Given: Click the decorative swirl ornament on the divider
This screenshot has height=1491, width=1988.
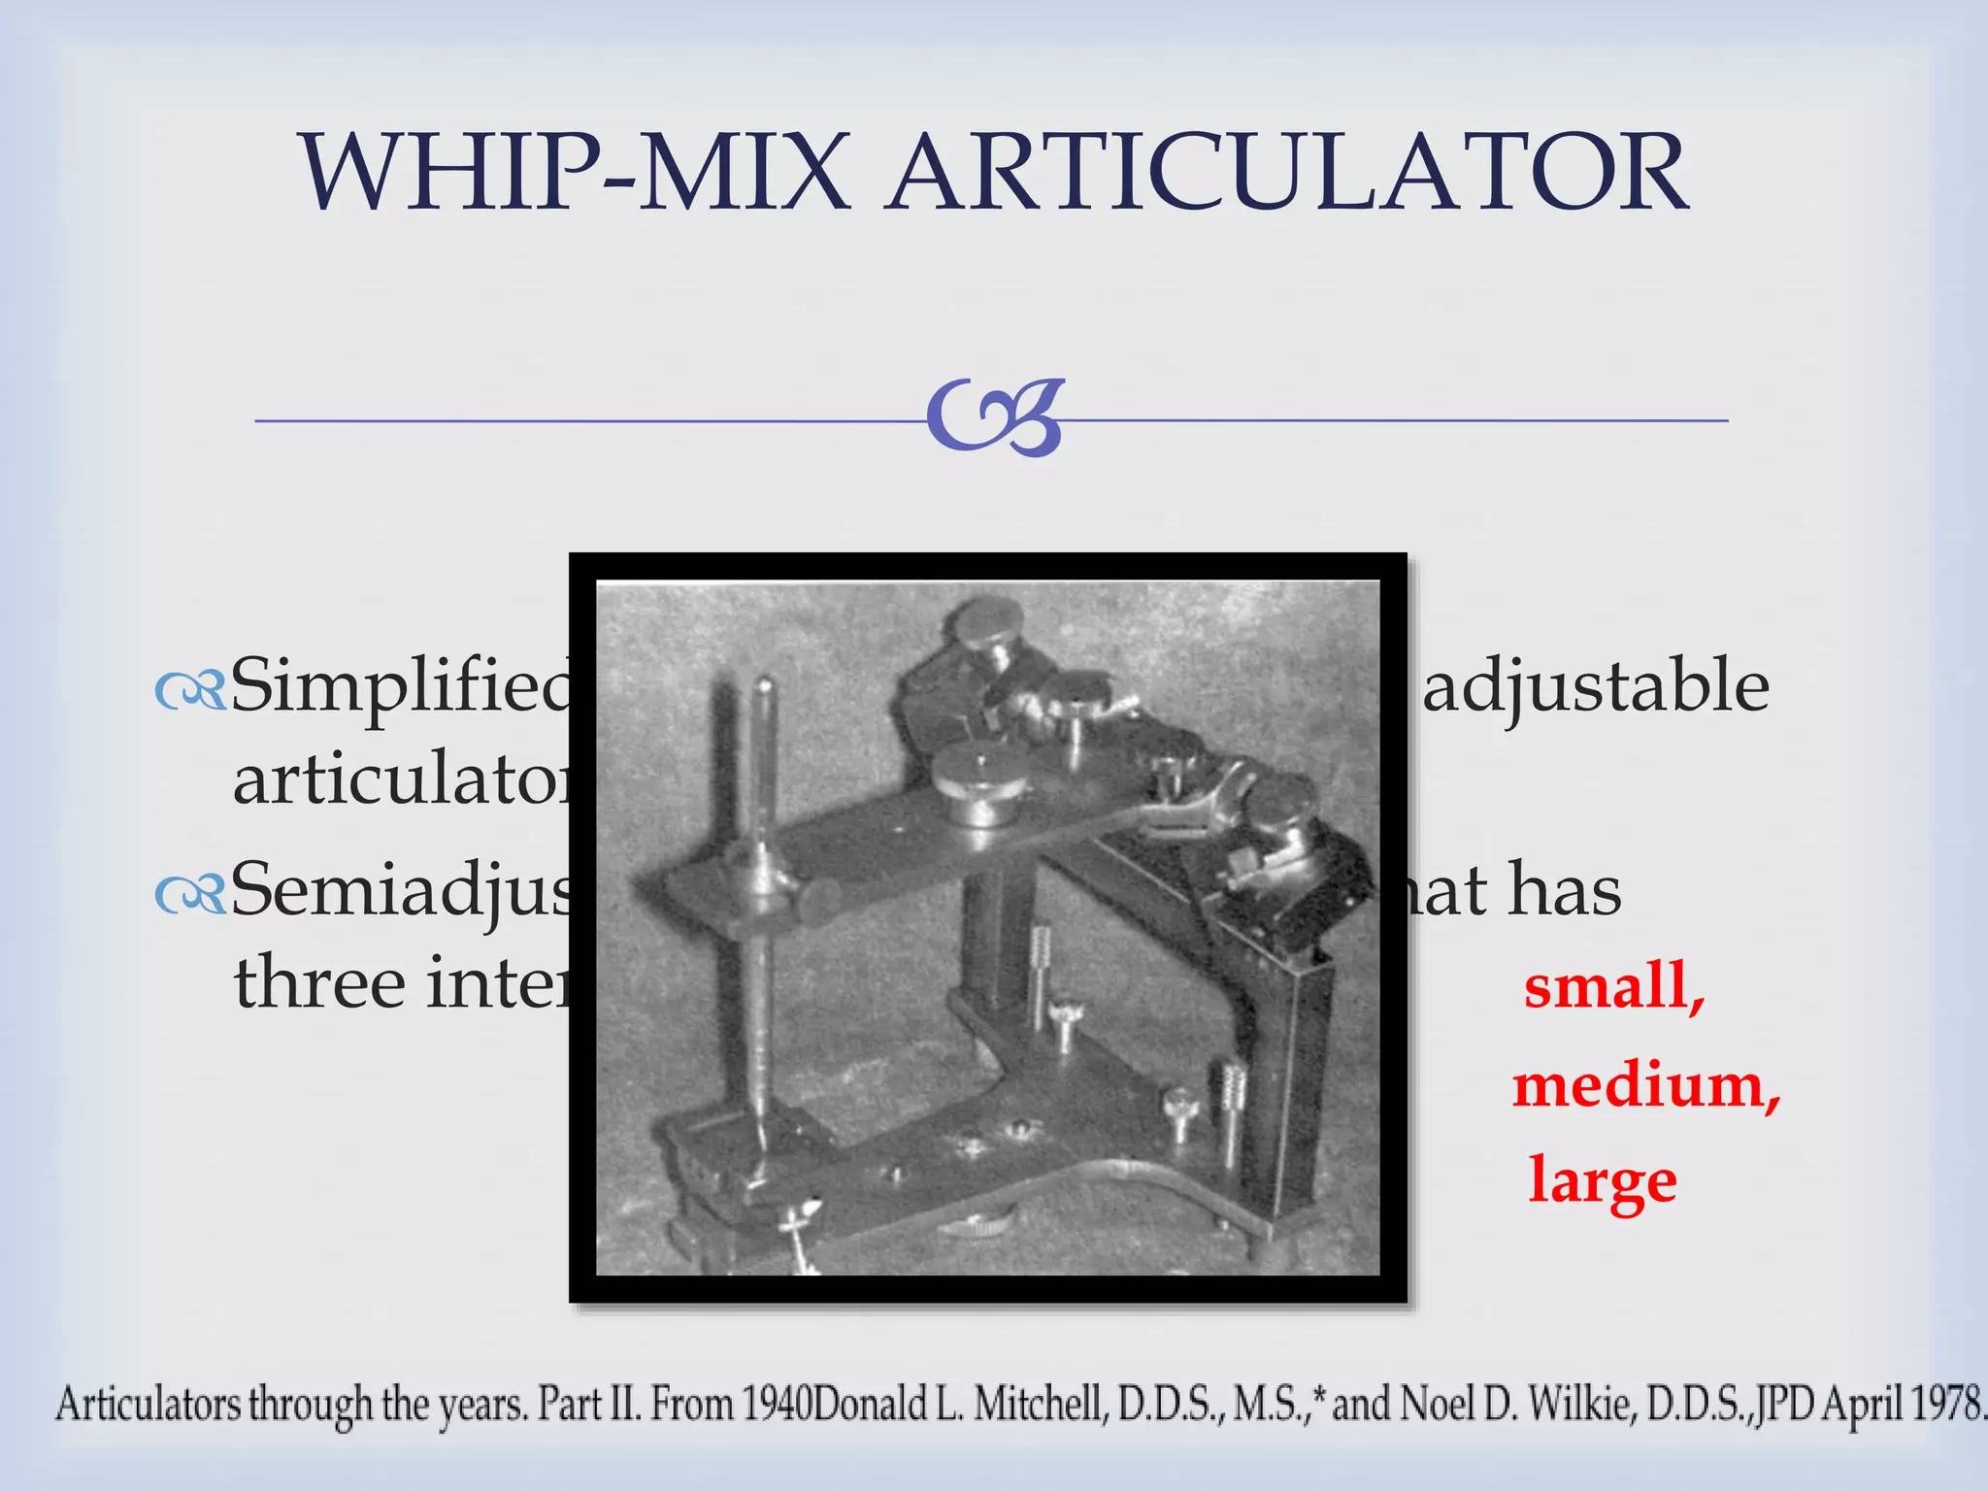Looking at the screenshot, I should click(x=995, y=418).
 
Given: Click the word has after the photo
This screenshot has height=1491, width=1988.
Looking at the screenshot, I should click(x=1564, y=890).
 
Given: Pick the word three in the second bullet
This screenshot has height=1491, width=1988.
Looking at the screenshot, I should click(x=319, y=982).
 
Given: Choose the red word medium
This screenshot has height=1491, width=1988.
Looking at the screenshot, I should click(x=1646, y=1085).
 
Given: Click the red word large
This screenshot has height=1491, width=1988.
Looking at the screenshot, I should click(x=1603, y=1180).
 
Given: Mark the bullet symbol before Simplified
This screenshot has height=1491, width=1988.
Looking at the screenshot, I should click(x=190, y=691).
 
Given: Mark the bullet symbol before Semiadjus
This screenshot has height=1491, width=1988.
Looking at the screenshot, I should click(x=190, y=895).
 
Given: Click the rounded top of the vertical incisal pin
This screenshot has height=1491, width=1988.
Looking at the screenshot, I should click(x=763, y=686).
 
